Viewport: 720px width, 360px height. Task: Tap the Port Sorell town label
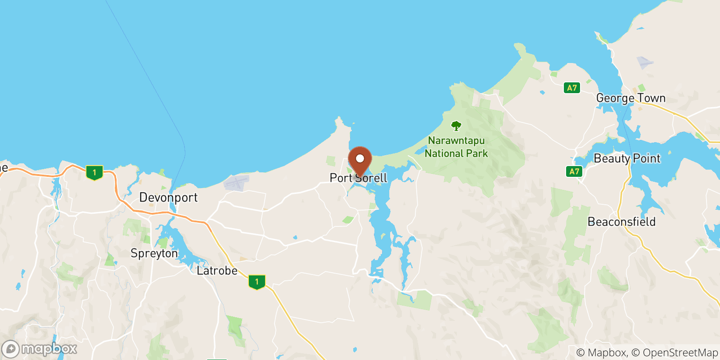pyautogui.click(x=358, y=178)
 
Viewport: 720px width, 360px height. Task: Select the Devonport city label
pyautogui.click(x=168, y=198)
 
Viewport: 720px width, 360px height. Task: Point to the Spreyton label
pyautogui.click(x=154, y=253)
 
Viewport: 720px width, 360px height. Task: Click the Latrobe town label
pyautogui.click(x=217, y=271)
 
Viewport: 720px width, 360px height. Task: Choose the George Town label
pyautogui.click(x=630, y=98)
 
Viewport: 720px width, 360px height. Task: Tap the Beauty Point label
pyautogui.click(x=627, y=158)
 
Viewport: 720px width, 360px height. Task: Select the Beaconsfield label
pyautogui.click(x=621, y=222)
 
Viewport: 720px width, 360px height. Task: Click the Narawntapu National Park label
pyautogui.click(x=456, y=147)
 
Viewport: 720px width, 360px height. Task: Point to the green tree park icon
pyautogui.click(x=456, y=126)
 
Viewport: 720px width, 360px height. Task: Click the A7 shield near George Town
pyautogui.click(x=572, y=88)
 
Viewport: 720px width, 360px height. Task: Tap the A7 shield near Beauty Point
pyautogui.click(x=574, y=171)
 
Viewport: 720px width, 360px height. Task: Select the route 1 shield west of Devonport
pyautogui.click(x=94, y=172)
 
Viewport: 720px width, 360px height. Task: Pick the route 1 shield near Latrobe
pyautogui.click(x=257, y=282)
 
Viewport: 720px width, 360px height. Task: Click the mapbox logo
pyautogui.click(x=39, y=349)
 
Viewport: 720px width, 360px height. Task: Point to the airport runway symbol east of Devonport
pyautogui.click(x=236, y=182)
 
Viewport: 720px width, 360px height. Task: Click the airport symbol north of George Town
pyautogui.click(x=644, y=62)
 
